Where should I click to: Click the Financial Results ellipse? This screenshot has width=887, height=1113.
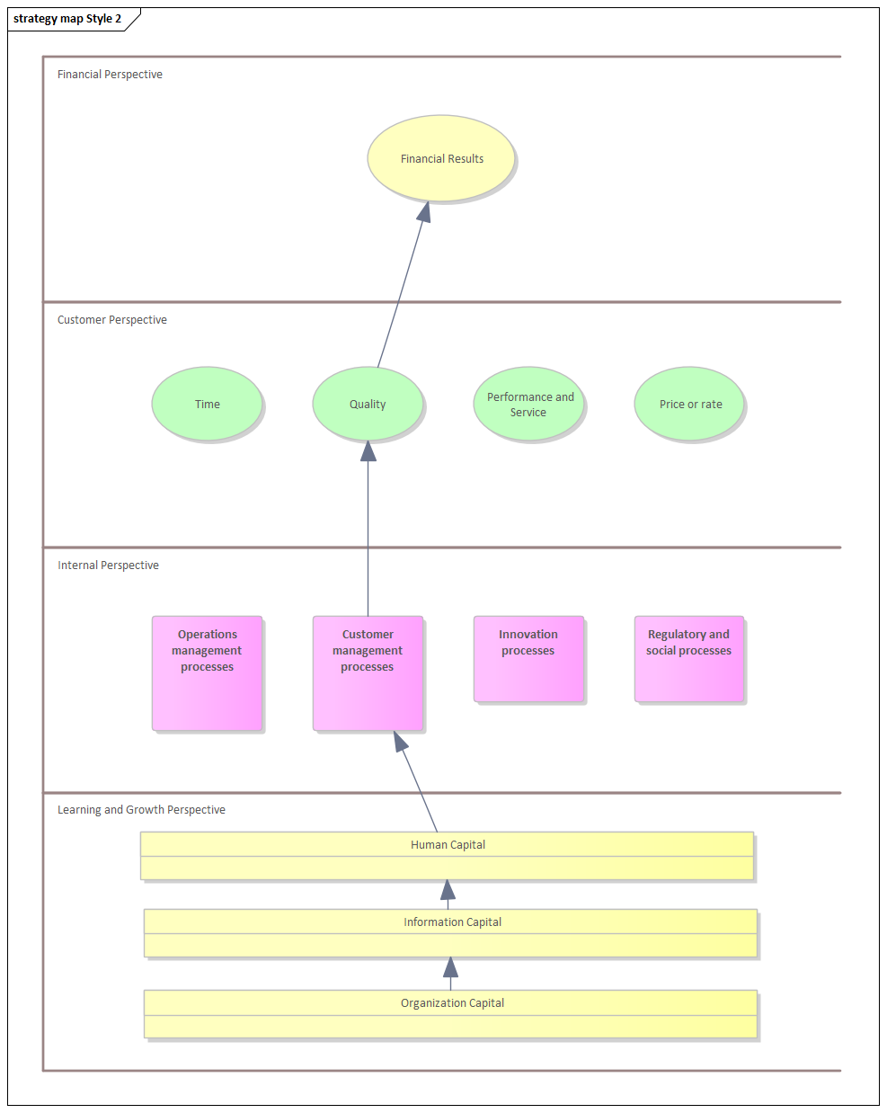pyautogui.click(x=441, y=158)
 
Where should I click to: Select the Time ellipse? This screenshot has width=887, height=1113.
pyautogui.click(x=207, y=404)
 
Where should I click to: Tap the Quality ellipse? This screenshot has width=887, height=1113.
pyautogui.click(x=368, y=404)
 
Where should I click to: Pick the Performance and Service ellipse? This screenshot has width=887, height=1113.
pyautogui.click(x=529, y=404)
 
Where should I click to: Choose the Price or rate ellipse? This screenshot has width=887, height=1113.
pyautogui.click(x=690, y=404)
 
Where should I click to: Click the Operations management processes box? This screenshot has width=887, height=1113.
pyautogui.click(x=207, y=672)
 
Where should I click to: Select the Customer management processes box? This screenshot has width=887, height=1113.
pyautogui.click(x=368, y=672)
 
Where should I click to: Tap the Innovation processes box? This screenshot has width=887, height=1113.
pyautogui.click(x=528, y=658)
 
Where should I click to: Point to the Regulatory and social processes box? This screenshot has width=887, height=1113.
pyautogui.click(x=689, y=658)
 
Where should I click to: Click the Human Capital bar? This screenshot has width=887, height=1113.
pyautogui.click(x=447, y=855)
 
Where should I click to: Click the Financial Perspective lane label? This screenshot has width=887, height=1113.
pyautogui.click(x=110, y=75)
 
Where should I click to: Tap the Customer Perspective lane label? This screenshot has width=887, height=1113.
pyautogui.click(x=112, y=320)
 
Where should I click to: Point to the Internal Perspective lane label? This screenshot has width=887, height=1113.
pyautogui.click(x=108, y=565)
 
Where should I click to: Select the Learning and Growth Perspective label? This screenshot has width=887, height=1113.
pyautogui.click(x=141, y=810)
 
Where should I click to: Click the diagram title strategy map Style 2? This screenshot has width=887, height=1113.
pyautogui.click(x=67, y=19)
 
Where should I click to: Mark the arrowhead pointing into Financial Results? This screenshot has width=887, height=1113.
pyautogui.click(x=423, y=212)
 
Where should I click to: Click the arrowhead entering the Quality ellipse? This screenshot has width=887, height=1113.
pyautogui.click(x=368, y=451)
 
